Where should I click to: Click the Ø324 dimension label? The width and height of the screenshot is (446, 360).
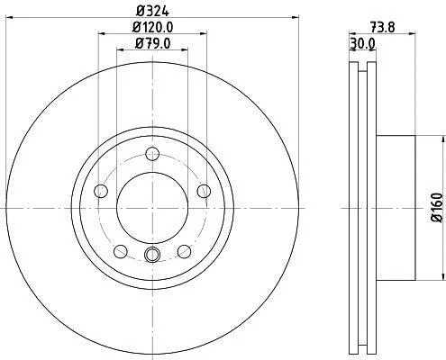152,11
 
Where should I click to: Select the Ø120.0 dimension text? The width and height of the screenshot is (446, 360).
153,28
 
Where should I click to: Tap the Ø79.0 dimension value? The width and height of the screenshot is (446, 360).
153,44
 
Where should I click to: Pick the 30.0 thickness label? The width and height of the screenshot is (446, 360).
362,44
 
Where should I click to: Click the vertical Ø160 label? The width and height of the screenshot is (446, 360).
437,208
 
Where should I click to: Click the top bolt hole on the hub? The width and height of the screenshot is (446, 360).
152,154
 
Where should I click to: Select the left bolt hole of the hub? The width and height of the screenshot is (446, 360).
101,191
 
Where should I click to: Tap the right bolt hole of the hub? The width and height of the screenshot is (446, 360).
204,191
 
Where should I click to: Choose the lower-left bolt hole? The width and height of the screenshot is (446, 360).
121,251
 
